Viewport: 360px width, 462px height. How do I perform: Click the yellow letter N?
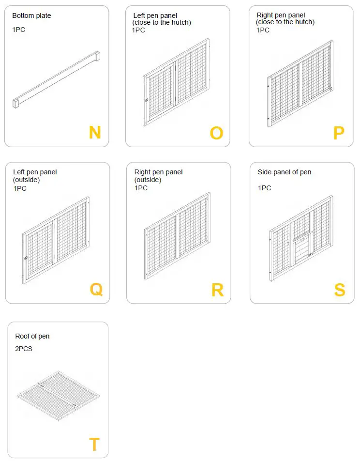(95, 132)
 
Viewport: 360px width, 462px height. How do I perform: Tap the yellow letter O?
(216, 133)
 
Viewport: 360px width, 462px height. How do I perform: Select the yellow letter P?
(339, 133)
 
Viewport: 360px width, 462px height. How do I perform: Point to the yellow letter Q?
(96, 289)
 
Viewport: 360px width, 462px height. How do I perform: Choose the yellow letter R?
(217, 290)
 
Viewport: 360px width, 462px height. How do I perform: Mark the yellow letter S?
(340, 290)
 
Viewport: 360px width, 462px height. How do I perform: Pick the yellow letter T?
(94, 444)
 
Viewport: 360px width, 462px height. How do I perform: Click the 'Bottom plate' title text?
(31, 16)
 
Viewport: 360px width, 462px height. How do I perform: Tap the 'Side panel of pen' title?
(284, 172)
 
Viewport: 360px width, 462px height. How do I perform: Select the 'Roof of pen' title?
(32, 336)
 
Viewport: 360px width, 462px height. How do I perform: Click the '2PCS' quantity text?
(24, 349)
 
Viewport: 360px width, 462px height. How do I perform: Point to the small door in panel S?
(301, 247)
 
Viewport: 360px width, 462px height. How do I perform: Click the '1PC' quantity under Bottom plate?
(19, 30)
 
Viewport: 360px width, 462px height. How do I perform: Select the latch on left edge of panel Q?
(25, 258)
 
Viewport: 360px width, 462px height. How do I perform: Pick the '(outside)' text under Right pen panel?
(148, 180)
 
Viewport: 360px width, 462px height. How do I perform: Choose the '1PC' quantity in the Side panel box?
(264, 188)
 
